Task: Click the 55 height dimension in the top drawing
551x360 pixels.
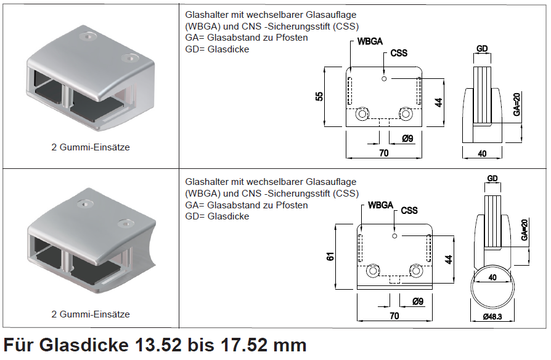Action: [319, 96]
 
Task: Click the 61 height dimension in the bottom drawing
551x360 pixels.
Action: [330, 256]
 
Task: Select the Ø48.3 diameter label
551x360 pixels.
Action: [492, 317]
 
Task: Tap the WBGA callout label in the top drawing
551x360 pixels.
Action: [370, 41]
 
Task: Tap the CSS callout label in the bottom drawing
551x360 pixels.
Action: [409, 211]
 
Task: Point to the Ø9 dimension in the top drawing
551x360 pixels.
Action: [407, 139]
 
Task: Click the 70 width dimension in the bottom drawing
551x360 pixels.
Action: [394, 316]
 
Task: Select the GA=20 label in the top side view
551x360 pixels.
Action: [516, 104]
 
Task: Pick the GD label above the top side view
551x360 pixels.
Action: [482, 49]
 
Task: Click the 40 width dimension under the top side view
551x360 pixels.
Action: [482, 153]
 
